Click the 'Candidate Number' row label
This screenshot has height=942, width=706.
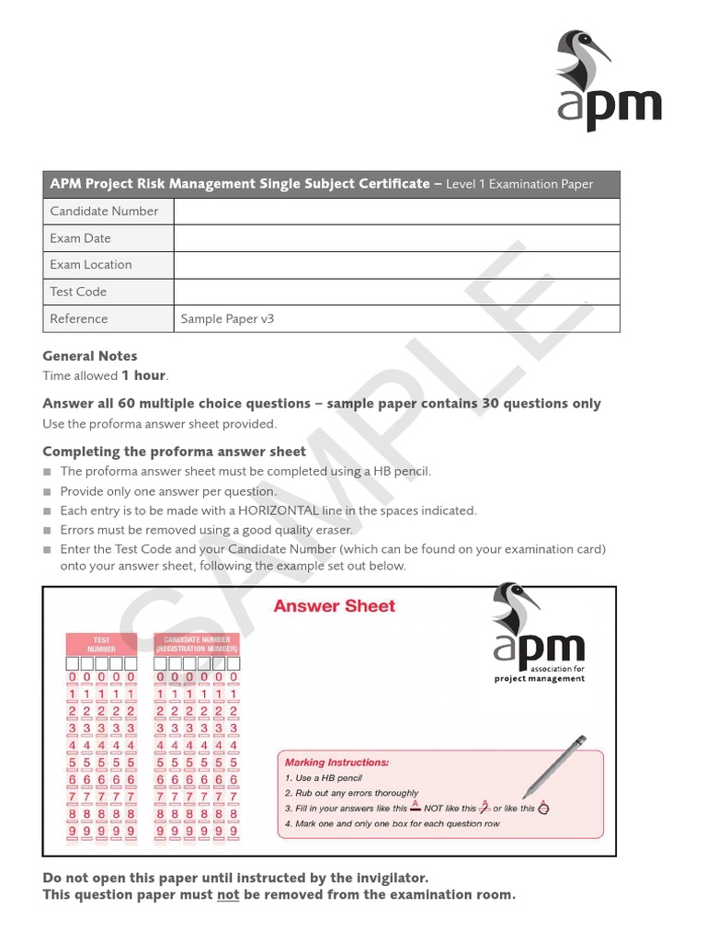tap(104, 212)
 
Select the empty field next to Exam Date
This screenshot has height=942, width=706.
tap(396, 238)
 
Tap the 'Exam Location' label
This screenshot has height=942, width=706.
tap(91, 265)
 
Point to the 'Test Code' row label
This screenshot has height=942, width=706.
tap(78, 292)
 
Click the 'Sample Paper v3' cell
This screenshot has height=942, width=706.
tap(227, 319)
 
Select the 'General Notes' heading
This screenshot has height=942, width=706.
tap(90, 356)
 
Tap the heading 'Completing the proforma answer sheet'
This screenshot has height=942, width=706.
tap(174, 452)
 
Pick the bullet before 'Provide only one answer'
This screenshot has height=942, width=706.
tap(48, 491)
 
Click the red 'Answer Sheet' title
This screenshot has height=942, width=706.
tap(334, 606)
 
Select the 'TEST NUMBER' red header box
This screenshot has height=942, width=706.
tap(101, 643)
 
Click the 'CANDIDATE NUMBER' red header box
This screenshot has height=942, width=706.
tap(197, 643)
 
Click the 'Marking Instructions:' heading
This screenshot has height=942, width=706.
tap(336, 763)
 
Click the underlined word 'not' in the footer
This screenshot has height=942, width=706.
tap(228, 895)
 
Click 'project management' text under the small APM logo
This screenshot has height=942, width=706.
tap(540, 679)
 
